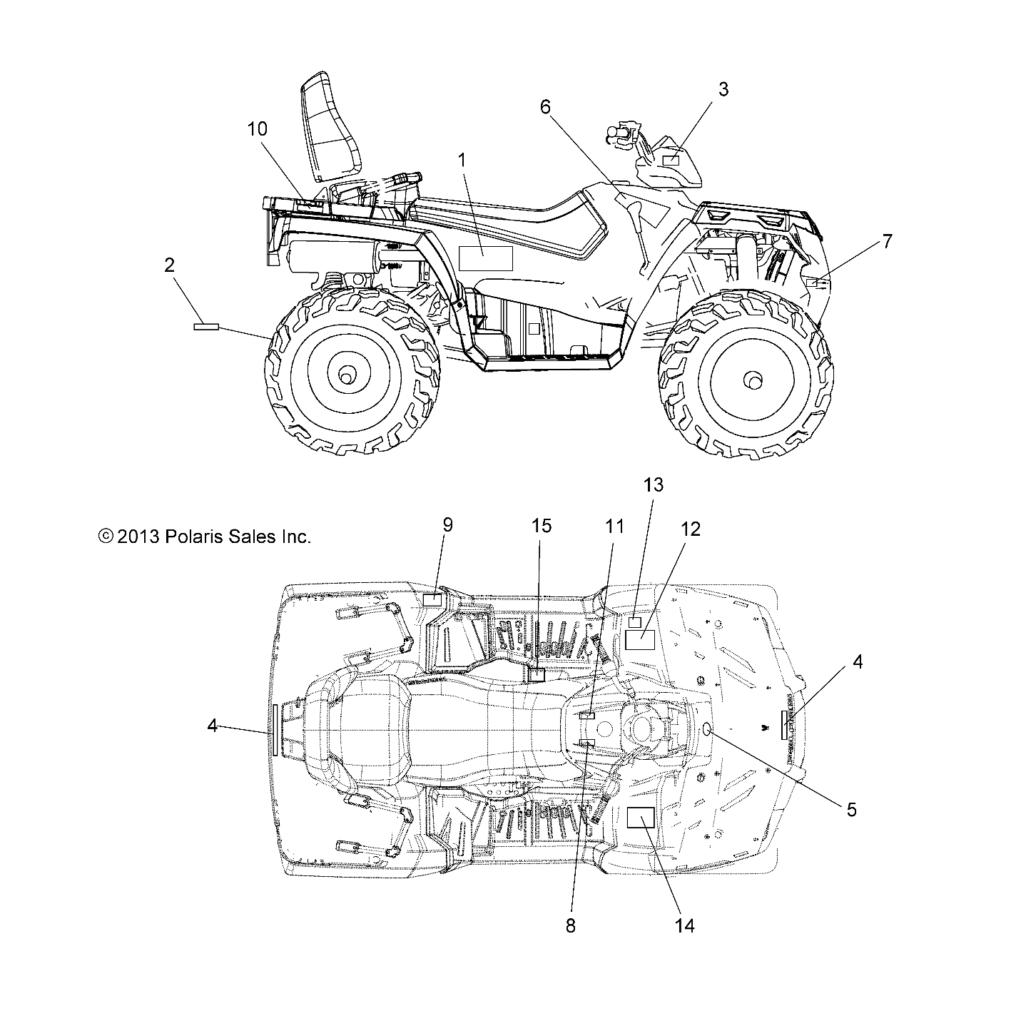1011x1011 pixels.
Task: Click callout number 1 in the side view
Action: tap(462, 161)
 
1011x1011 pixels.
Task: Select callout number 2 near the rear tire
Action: tap(169, 265)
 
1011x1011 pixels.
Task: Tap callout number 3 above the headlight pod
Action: tap(723, 89)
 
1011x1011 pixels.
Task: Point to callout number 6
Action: tap(545, 107)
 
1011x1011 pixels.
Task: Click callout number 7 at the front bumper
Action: tap(887, 241)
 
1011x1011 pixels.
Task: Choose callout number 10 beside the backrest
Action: tap(258, 129)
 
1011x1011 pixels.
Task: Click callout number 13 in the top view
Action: tap(653, 485)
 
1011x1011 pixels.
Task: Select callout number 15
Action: tap(542, 526)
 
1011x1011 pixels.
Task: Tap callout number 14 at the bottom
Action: tap(684, 925)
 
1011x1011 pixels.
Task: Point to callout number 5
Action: tap(851, 810)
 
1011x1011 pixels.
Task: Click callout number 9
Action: tap(447, 525)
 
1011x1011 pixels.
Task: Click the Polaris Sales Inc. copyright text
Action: tap(205, 537)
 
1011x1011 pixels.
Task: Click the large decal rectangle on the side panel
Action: tap(485, 258)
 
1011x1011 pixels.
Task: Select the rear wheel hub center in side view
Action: tap(347, 374)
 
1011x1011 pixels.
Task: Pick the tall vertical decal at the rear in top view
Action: tap(274, 728)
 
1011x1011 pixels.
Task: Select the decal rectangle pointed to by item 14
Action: tap(640, 818)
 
